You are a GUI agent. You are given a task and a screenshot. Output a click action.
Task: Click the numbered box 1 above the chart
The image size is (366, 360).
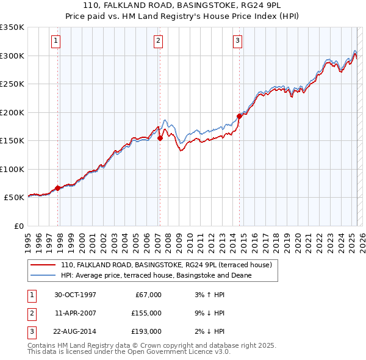point(56,41)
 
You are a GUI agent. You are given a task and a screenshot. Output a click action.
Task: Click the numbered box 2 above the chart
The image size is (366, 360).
point(158,41)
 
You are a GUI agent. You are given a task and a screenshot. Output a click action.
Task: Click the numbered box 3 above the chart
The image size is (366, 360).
point(237,41)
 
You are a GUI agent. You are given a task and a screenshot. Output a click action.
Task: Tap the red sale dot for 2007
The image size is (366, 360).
point(160,138)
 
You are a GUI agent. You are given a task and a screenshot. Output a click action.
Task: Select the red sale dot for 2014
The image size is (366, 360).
point(239,116)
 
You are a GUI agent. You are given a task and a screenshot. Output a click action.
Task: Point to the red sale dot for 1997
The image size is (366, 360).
point(58,188)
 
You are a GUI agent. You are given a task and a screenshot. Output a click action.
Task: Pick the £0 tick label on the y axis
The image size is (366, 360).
point(18,226)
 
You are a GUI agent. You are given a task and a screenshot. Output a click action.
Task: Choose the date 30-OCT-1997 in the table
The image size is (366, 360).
point(75,295)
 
